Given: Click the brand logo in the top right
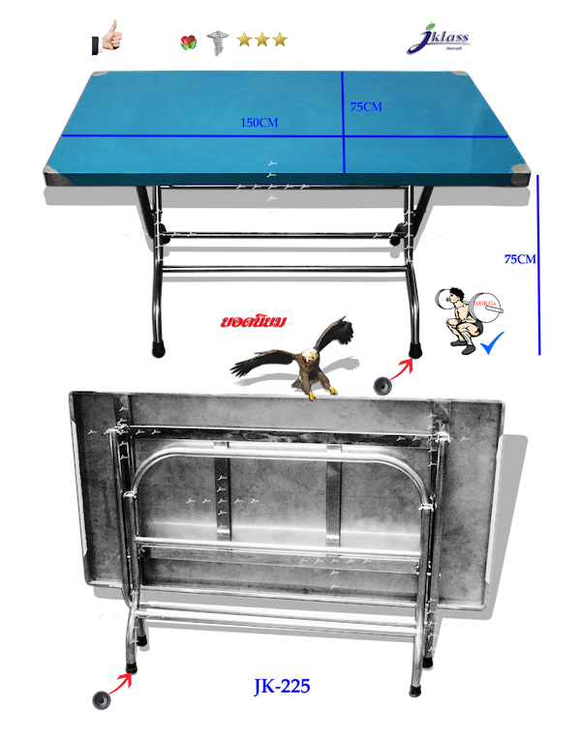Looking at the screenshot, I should coord(440,40).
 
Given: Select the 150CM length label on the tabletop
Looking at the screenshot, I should coord(260,123).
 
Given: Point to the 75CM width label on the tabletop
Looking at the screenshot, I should coord(365,107).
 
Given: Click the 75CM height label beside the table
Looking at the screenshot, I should coord(520,258).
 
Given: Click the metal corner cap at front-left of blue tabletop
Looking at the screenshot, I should coord(56,174).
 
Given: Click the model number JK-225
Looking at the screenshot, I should coord(282,688).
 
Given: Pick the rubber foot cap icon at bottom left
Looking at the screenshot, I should coord(100,699).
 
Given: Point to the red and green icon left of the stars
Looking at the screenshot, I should coord(188,42).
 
